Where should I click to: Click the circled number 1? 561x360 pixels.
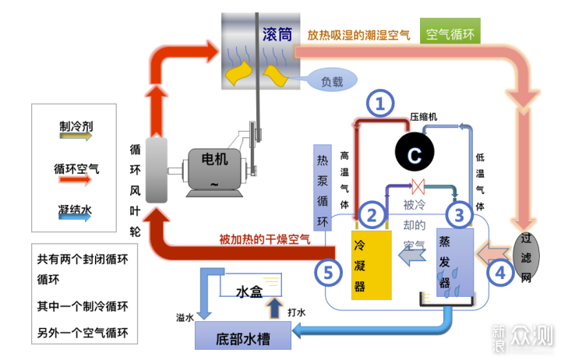pyautogui.click(x=380, y=103)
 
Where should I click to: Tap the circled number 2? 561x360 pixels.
pyautogui.click(x=372, y=215)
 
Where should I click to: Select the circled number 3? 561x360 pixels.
pyautogui.click(x=460, y=215)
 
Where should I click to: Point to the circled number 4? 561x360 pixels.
pyautogui.click(x=499, y=272)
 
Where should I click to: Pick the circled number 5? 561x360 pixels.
pyautogui.click(x=329, y=272)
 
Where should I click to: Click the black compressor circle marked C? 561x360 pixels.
pyautogui.click(x=415, y=152)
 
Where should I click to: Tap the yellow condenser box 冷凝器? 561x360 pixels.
pyautogui.click(x=372, y=265)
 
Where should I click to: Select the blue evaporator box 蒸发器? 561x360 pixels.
pyautogui.click(x=455, y=263)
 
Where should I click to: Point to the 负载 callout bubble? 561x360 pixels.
pyautogui.click(x=332, y=80)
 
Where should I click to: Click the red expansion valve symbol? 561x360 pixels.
pyautogui.click(x=418, y=186)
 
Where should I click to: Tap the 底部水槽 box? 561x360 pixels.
pyautogui.click(x=243, y=335)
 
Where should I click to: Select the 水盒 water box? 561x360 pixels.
pyautogui.click(x=250, y=285)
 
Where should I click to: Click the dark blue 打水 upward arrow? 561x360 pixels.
pyautogui.click(x=274, y=308)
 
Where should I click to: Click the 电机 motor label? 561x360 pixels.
pyautogui.click(x=215, y=159)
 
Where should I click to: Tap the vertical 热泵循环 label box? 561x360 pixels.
pyautogui.click(x=323, y=188)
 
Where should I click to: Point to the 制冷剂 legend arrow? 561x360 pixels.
pyautogui.click(x=76, y=136)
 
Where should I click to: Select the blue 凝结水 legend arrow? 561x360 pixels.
pyautogui.click(x=75, y=216)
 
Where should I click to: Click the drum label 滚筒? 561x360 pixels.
pyautogui.click(x=277, y=34)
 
